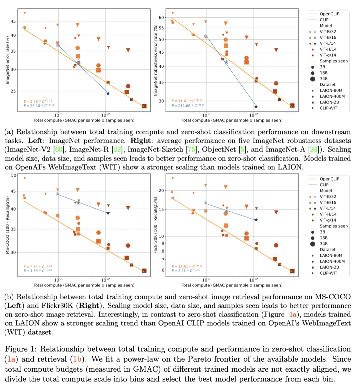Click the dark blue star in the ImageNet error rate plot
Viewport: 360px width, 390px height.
pos(108,93)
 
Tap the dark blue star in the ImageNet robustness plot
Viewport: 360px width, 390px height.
pos(256,107)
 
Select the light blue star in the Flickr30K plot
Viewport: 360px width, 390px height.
pos(206,203)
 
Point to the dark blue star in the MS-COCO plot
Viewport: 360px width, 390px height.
pos(108,213)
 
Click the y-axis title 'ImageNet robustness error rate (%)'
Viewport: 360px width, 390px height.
pos(155,60)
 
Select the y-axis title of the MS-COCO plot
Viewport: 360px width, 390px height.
pos(7,225)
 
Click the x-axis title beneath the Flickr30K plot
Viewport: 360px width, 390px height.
pos(232,285)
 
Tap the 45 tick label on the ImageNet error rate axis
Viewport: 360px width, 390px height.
pos(13,21)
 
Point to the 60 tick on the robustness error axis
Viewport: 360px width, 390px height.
pos(161,18)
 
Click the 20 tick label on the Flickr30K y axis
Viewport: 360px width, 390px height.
pos(161,190)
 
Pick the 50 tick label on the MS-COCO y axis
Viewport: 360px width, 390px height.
pos(13,175)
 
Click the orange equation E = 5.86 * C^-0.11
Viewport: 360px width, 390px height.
pos(38,101)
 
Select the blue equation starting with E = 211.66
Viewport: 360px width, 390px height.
pos(188,106)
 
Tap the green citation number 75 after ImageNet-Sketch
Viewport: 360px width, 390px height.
pos(192,149)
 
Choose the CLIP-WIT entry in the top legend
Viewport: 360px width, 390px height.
pos(328,108)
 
